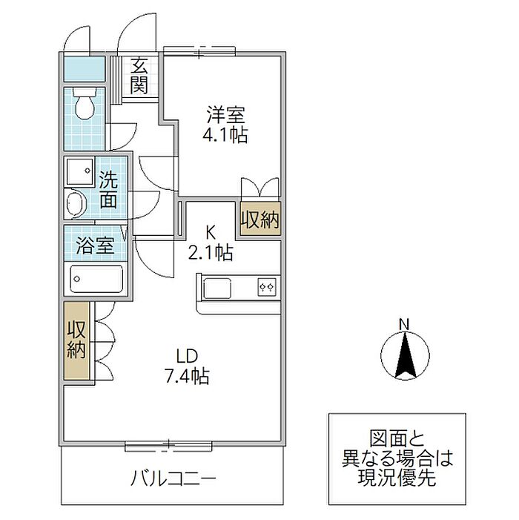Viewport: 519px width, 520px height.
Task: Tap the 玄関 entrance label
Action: [x=139, y=76]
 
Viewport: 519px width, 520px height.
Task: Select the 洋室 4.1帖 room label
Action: [x=225, y=125]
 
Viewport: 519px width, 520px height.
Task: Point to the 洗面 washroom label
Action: [x=108, y=189]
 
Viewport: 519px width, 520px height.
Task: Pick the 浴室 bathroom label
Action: [x=95, y=246]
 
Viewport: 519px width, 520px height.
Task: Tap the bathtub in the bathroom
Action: [x=96, y=279]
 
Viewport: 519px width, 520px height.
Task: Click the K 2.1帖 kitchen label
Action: [x=211, y=243]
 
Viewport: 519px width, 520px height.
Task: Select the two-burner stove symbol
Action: [x=267, y=286]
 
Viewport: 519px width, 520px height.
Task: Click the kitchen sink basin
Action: [x=217, y=288]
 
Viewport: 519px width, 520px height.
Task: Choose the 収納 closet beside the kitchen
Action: [x=260, y=219]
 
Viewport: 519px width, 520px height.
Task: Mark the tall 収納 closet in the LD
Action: [x=76, y=340]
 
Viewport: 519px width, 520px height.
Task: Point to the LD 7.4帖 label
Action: [x=188, y=366]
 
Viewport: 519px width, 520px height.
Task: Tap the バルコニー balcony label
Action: [x=173, y=478]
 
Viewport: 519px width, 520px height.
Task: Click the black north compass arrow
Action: [x=406, y=356]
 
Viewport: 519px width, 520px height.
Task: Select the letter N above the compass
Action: [x=404, y=324]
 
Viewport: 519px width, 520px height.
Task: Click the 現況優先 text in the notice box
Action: [x=397, y=478]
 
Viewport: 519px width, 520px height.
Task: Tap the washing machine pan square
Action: [x=80, y=171]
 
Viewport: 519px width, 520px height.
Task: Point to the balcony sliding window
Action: [x=168, y=447]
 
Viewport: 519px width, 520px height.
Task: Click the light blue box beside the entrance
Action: [x=85, y=69]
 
